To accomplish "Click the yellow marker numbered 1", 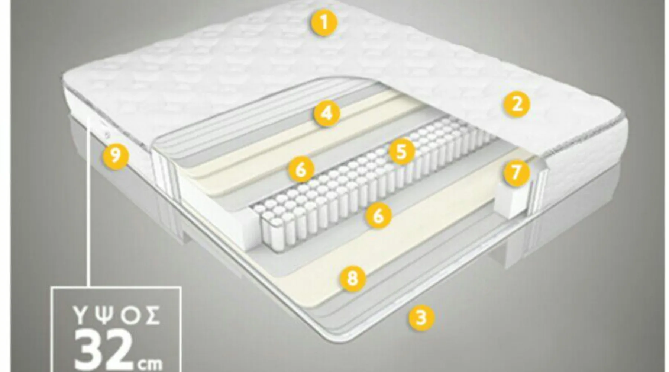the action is coord(324,23).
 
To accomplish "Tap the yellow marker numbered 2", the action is coord(517,104).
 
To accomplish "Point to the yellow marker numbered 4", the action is coord(327,113).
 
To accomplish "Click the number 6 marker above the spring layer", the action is coord(301,169).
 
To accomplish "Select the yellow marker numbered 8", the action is coord(352,278).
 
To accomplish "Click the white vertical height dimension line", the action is coord(89,201).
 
